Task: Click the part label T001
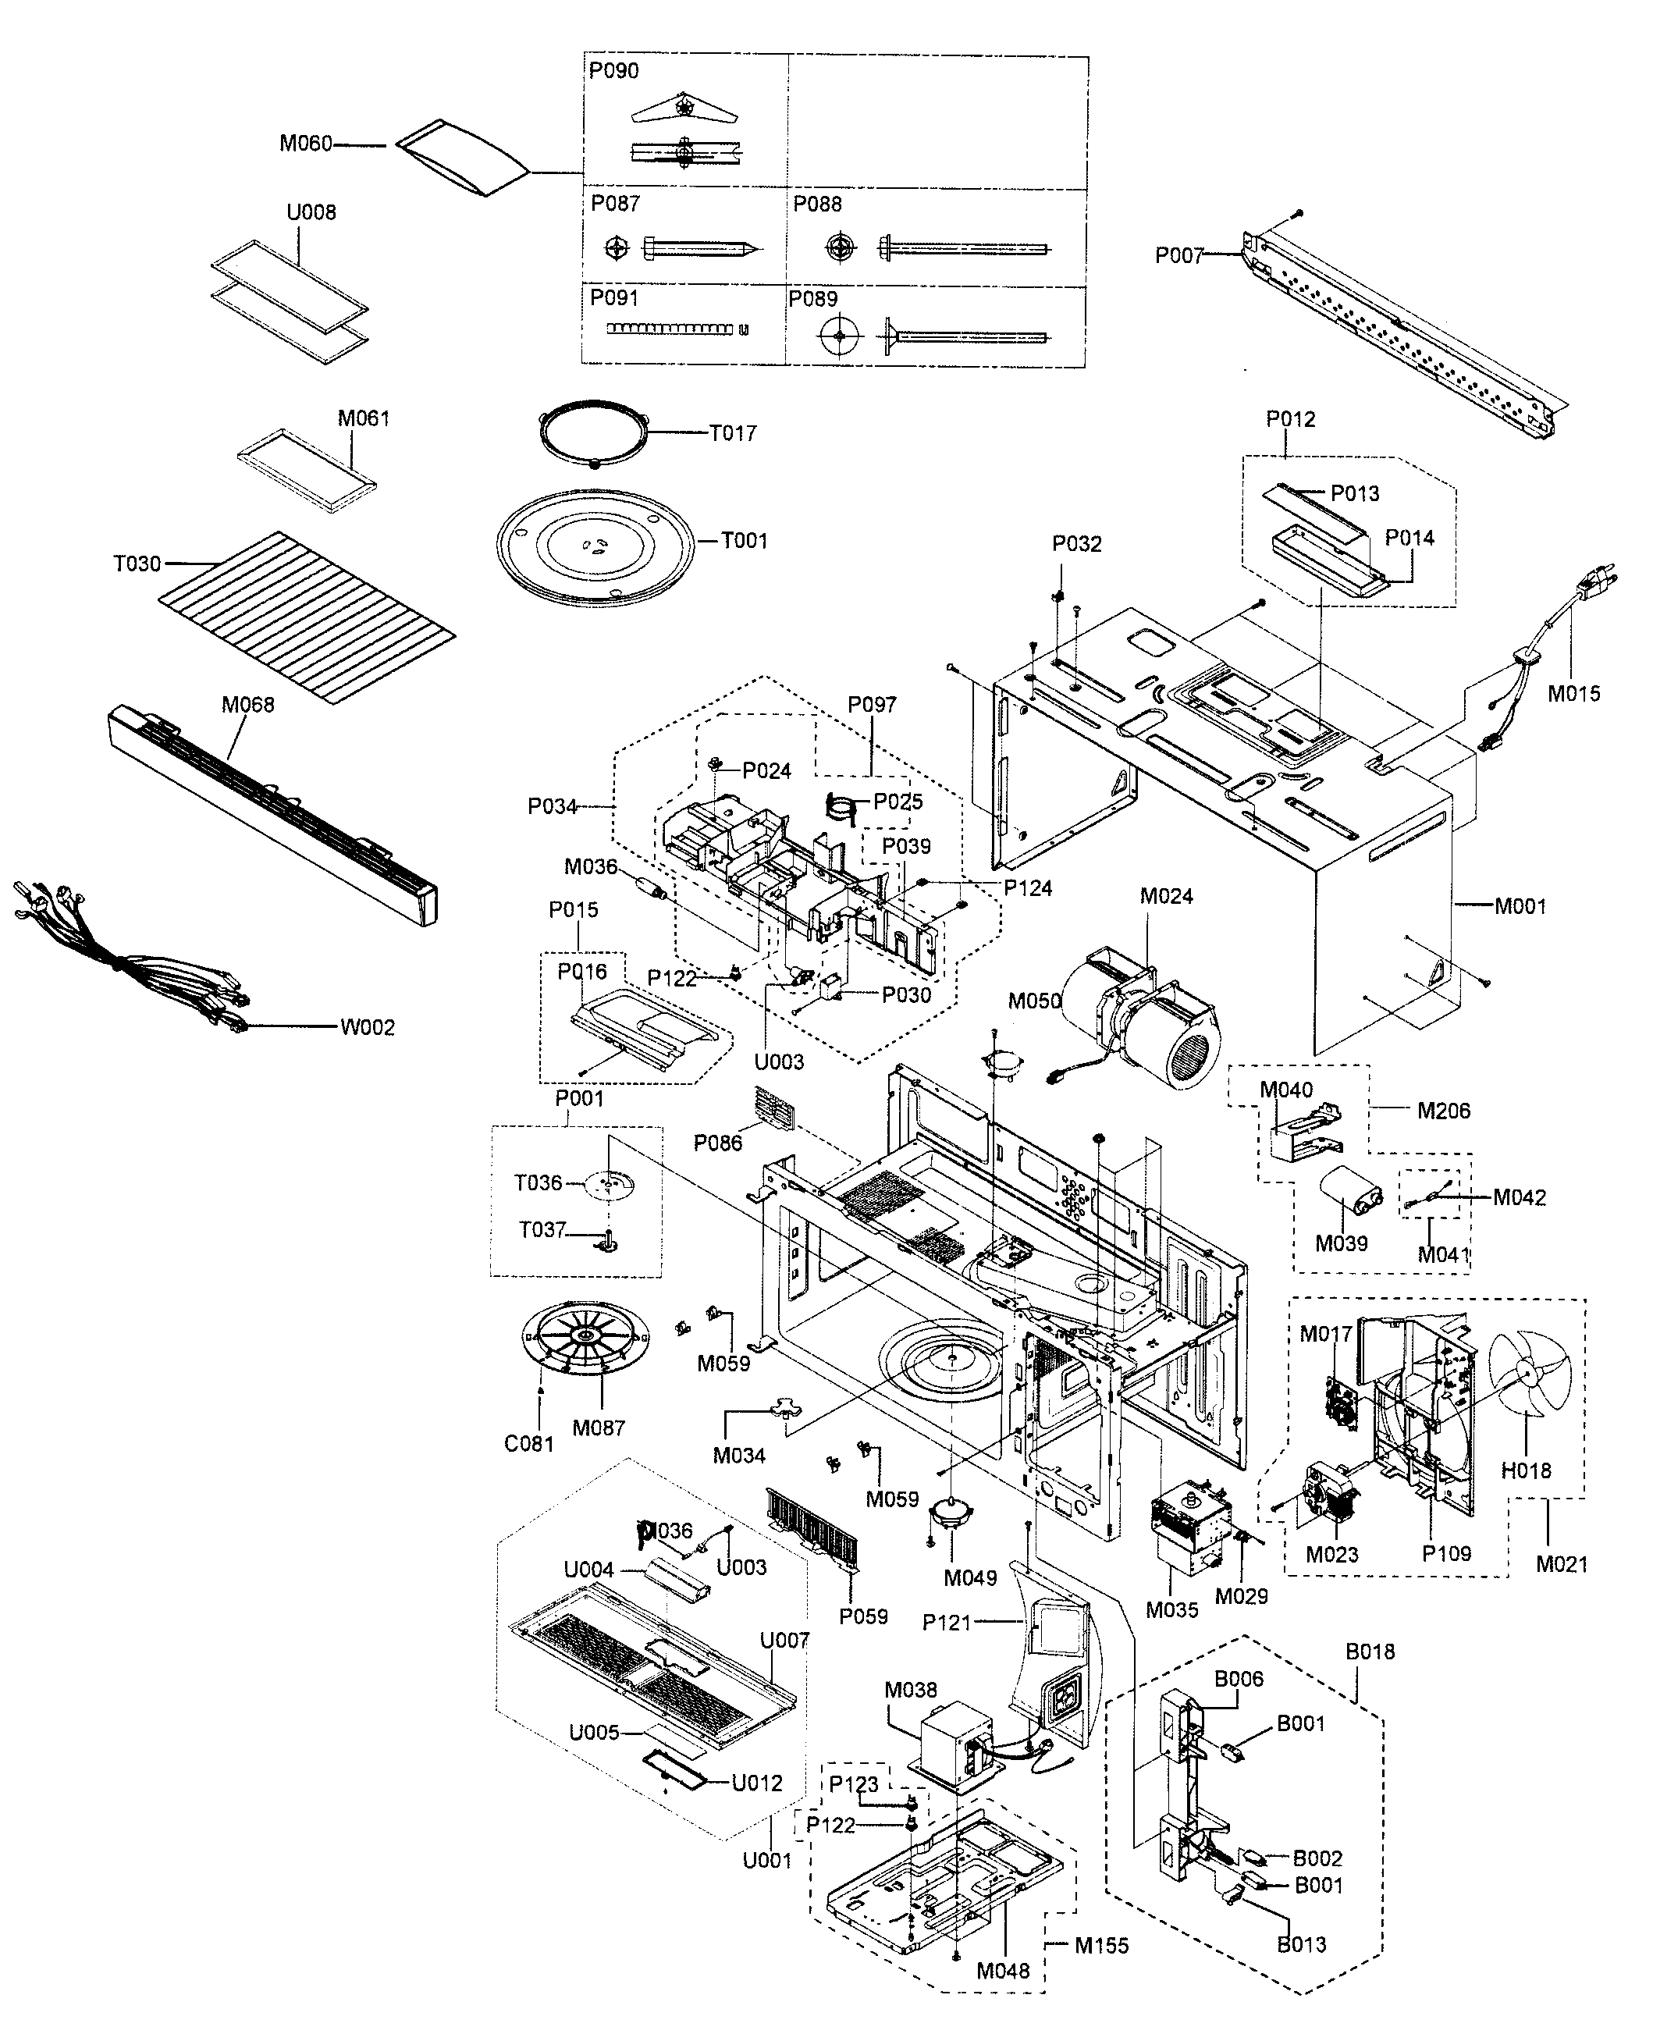point(744,541)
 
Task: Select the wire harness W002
point(124,962)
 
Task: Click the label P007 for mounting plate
point(1178,255)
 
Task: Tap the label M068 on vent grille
point(247,705)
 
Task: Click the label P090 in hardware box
point(614,70)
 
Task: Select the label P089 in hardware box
point(812,298)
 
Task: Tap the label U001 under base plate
point(766,1860)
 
